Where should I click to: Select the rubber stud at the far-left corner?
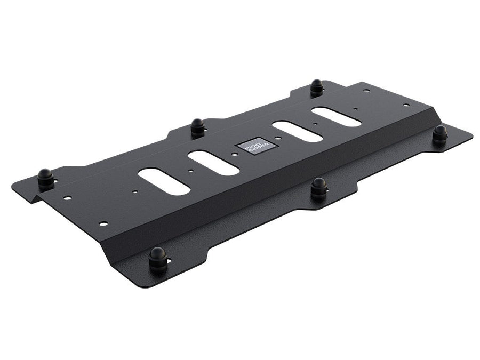[x=45, y=178]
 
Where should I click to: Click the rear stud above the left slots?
[x=197, y=126]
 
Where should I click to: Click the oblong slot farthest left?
[x=164, y=181]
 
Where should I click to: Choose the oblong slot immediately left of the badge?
[x=213, y=163]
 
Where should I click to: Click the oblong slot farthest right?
[x=336, y=117]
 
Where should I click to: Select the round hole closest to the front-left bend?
[x=103, y=223]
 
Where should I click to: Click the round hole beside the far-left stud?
[x=67, y=198]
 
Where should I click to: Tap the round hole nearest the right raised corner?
[x=406, y=105]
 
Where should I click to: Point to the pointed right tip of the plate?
[x=471, y=137]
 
